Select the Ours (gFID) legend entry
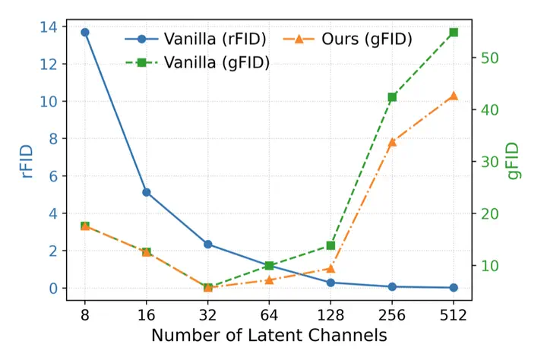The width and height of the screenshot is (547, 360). coord(349,39)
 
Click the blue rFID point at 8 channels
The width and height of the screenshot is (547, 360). coord(85,33)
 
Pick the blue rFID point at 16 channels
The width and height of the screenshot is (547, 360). coord(147,192)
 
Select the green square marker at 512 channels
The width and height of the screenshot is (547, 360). coord(454,33)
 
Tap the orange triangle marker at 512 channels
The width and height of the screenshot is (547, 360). coord(454,96)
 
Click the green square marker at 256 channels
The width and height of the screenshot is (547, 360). coord(392,97)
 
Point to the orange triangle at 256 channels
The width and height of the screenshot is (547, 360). coord(392,141)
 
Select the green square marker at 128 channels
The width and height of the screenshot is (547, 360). coord(330,245)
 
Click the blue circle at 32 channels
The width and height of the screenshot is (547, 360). coord(207,244)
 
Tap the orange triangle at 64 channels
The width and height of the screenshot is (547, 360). coord(269,279)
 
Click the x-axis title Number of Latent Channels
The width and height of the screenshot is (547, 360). coord(269,336)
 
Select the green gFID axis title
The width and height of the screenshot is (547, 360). coord(515,160)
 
